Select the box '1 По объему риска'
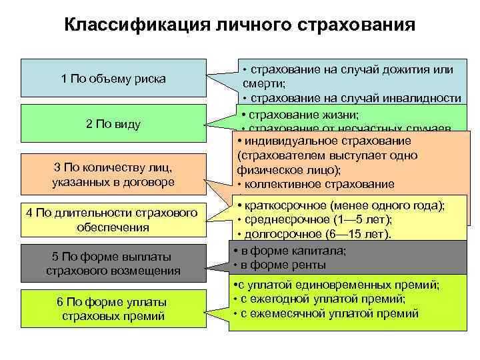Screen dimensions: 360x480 113,79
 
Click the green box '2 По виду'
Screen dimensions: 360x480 113,124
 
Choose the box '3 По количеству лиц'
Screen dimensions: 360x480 113,175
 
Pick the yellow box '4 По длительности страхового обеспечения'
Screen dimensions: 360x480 113,220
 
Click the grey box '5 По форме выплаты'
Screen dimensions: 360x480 113,263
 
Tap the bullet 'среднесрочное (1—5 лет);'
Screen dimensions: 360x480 315,220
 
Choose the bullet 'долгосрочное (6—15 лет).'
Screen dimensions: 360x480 319,235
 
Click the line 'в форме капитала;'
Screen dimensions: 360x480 291,251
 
